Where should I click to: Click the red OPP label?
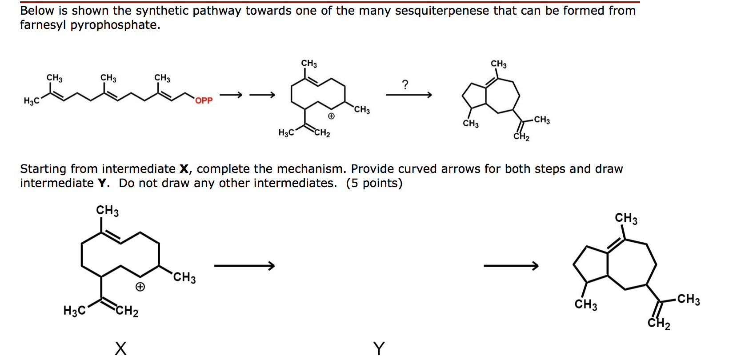(x=204, y=100)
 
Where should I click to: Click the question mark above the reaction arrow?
(x=405, y=84)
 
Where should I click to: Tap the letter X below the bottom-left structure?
(x=120, y=348)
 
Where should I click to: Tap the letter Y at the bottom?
(x=379, y=348)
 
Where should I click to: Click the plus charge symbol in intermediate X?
(x=140, y=287)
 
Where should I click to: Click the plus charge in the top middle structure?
(x=331, y=116)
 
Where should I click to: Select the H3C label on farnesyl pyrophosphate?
(x=32, y=101)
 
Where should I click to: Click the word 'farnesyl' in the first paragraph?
(x=43, y=25)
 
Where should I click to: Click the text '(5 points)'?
(x=374, y=183)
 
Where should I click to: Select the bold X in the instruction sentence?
(x=184, y=169)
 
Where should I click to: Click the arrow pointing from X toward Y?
(x=244, y=266)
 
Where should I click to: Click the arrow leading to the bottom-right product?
(x=511, y=266)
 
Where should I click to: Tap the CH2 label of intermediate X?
(x=127, y=311)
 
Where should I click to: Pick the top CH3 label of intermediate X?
(x=108, y=210)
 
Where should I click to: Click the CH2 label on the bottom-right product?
(x=659, y=324)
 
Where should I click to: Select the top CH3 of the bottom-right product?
(x=626, y=218)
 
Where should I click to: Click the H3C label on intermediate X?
(x=74, y=310)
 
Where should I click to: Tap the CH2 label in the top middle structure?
(x=322, y=133)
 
